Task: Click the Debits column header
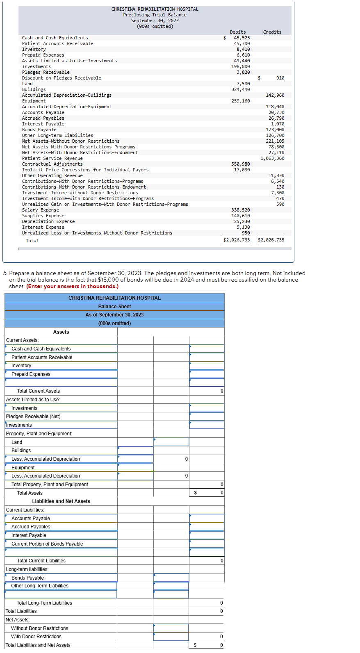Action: pos(238,32)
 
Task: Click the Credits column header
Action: pos(272,32)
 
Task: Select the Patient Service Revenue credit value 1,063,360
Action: pos(272,158)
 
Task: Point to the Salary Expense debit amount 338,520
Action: pos(241,210)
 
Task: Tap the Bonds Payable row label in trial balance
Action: pos(39,130)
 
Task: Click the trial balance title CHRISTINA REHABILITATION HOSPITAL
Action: pos(155,9)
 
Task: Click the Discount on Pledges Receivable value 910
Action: pos(280,78)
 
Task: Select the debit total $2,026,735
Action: pos(237,240)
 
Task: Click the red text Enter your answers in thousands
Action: pos(72,287)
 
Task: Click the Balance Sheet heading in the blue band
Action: pos(114,307)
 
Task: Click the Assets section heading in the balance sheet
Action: pos(61,332)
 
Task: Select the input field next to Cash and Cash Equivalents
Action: pos(207,349)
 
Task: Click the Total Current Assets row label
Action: pos(39,391)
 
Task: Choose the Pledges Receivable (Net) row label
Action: pos(33,416)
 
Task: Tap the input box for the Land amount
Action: pos(171,442)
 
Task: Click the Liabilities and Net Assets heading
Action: pos(61,501)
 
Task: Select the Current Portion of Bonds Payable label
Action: pos(47,544)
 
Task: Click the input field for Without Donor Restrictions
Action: pos(171,628)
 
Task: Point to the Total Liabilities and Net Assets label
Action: pos(38,645)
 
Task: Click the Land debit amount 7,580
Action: pos(243,84)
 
